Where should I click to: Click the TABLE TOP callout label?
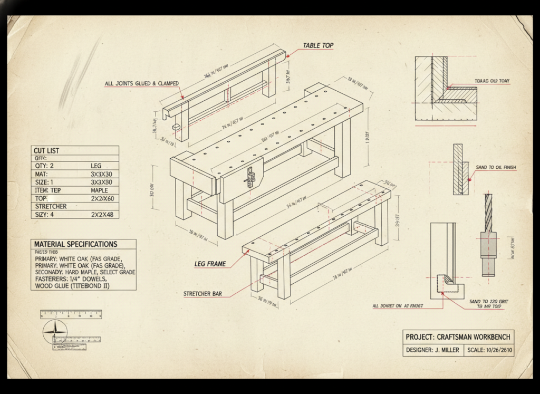pos(317,46)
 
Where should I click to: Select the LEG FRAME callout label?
pos(210,264)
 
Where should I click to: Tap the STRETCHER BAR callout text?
pos(202,294)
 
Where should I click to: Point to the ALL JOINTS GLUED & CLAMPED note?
pos(141,83)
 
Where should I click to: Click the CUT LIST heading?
pos(46,151)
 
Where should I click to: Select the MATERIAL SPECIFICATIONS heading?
pos(75,244)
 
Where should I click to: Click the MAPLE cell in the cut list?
pos(99,190)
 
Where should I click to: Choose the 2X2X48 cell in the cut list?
pos(102,215)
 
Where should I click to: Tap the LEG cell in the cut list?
pos(96,166)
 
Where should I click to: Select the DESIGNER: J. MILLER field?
pos(432,350)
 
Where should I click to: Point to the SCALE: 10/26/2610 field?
pos(488,350)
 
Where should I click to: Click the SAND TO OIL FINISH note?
pos(496,168)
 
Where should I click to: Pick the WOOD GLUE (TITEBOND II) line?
pos(72,286)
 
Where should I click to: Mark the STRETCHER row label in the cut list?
pos(50,206)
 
